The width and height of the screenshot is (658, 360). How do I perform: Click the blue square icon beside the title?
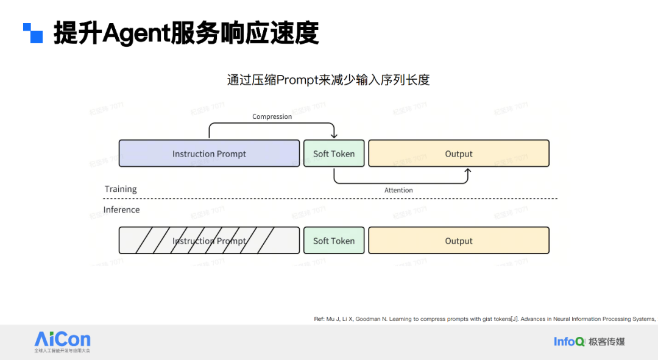coord(33,33)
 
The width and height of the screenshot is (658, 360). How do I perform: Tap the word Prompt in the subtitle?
coord(296,80)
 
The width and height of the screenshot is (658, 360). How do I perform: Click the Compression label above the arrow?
coord(272,116)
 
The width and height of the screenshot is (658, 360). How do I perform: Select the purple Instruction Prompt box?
coord(209,154)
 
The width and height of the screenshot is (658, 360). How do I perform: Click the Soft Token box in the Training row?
coord(334,154)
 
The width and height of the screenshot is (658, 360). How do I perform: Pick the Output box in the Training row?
coord(459,154)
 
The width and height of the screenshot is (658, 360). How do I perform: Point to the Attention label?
coord(398,190)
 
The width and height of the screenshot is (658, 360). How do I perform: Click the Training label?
coord(121,189)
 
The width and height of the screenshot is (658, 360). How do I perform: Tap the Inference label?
coord(121,210)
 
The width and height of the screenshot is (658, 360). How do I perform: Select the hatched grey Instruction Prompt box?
coord(209,241)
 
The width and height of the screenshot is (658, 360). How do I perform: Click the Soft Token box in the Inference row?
coord(334,241)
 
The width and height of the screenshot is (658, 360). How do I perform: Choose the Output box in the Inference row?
coord(459,241)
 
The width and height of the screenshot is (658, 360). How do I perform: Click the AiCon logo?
coord(62,341)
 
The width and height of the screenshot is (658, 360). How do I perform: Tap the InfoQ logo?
coord(568,341)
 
